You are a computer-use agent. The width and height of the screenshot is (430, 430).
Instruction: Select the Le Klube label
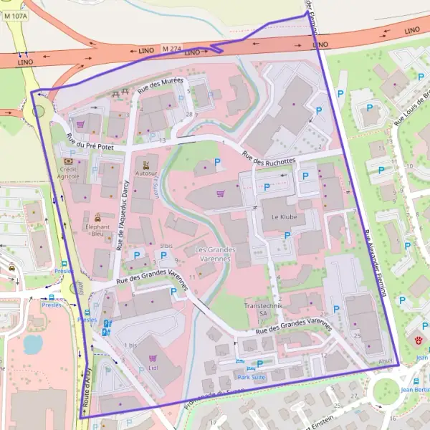(283, 216)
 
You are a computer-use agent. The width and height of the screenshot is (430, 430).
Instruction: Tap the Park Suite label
(251, 376)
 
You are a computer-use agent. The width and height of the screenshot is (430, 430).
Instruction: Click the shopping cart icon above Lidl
(152, 357)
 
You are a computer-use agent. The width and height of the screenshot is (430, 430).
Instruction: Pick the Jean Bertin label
(415, 389)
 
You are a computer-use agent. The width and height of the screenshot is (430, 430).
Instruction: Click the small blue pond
(32, 345)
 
